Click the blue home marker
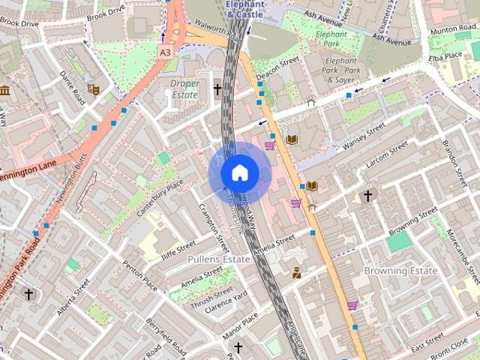(239, 173)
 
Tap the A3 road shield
(165, 52)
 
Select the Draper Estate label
(184, 89)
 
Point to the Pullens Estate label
(218, 259)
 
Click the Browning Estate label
(400, 270)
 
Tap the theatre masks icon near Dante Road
(94, 89)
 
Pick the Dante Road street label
(73, 85)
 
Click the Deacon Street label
(278, 71)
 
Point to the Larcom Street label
(384, 152)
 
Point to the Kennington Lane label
(29, 174)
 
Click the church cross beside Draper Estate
(217, 90)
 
